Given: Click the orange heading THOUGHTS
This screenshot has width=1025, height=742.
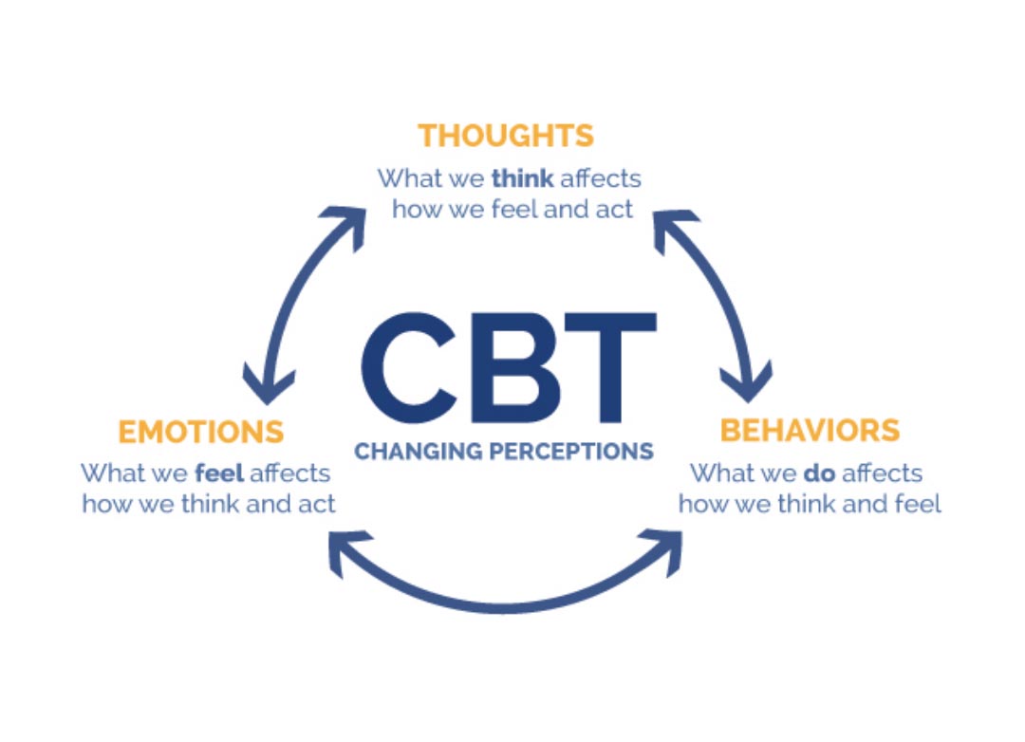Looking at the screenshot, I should click(x=506, y=135).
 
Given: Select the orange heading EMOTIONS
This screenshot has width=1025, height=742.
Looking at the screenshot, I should click(x=200, y=432).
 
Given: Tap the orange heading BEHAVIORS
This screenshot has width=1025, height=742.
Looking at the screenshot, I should click(x=810, y=430).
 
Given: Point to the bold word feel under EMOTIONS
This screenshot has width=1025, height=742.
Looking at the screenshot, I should click(x=220, y=473).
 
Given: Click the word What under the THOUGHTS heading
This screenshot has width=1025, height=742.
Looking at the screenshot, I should click(x=406, y=178).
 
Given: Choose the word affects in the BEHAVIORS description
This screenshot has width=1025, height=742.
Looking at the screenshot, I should click(x=885, y=472).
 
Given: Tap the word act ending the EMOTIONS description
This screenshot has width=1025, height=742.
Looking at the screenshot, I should click(x=316, y=504).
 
